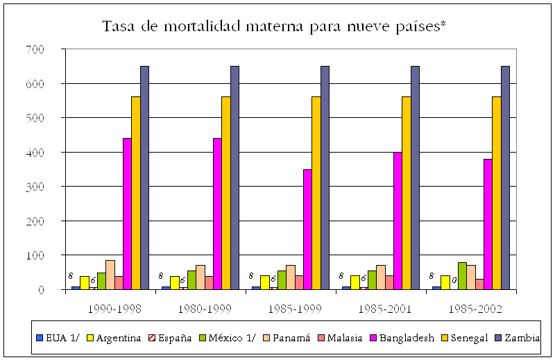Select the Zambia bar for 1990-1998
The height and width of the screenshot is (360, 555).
coord(144,178)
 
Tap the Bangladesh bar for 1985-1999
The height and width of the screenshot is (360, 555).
coord(307,229)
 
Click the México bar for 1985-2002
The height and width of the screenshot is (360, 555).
coord(462,276)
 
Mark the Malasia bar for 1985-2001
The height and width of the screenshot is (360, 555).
coord(389,282)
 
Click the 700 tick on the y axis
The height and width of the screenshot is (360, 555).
coord(35,49)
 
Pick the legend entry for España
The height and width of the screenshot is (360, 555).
coord(171,338)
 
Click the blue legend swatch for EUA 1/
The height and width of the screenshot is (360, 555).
coord(41,339)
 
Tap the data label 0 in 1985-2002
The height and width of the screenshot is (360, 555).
coord(454,281)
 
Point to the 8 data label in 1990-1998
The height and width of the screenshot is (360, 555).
coord(69,276)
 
